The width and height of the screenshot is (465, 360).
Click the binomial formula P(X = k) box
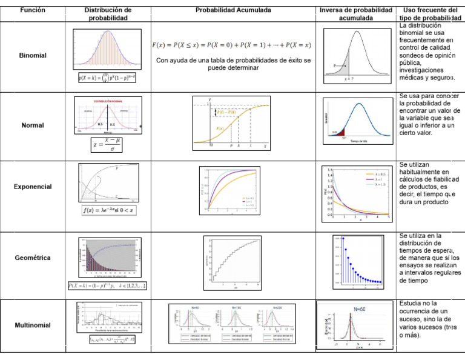click(107, 78)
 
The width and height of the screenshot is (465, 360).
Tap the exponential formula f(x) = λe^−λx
click(108, 211)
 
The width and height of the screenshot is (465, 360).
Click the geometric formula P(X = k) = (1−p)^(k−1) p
click(107, 285)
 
